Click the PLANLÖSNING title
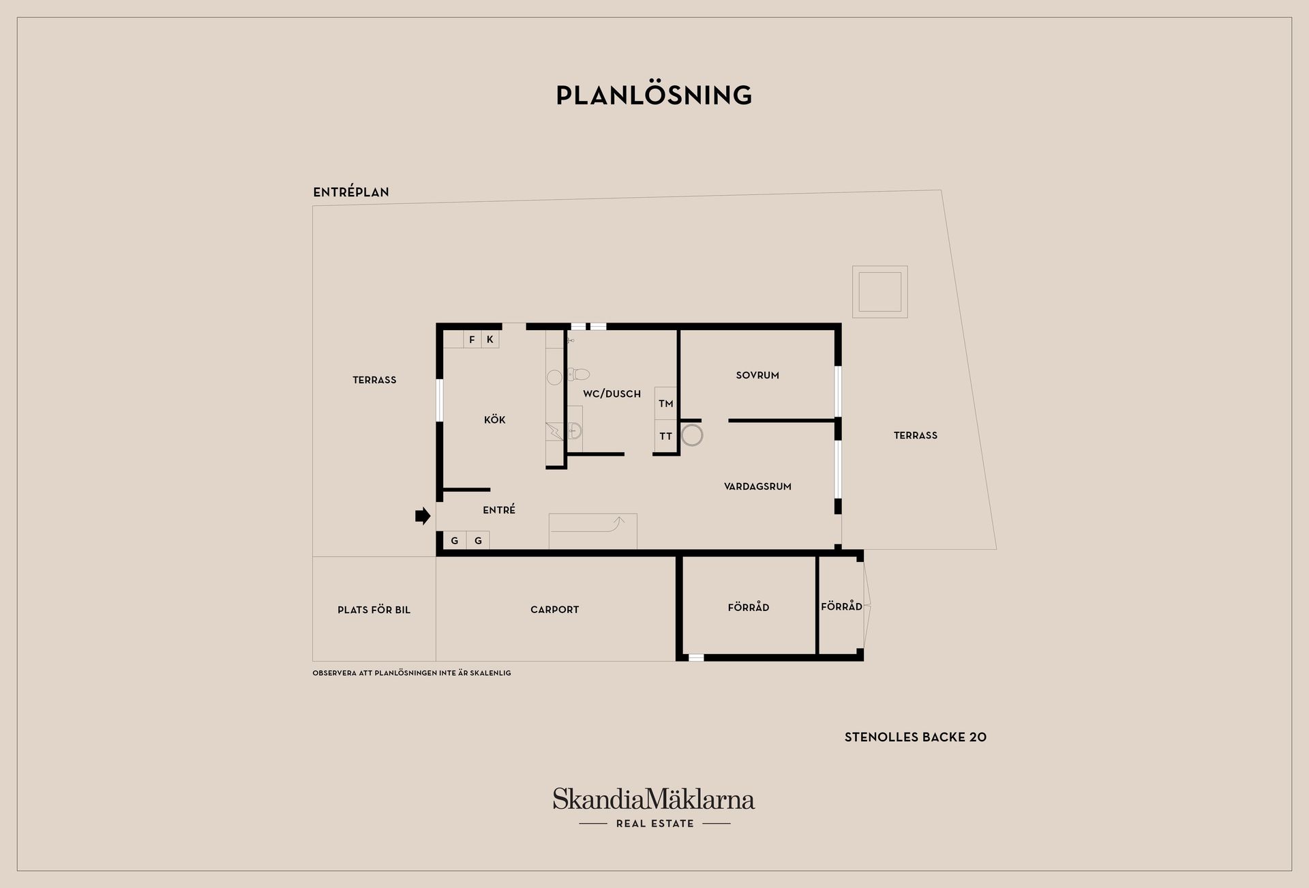654,95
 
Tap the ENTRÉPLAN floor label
351,192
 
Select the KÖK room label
495,419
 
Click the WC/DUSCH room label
612,394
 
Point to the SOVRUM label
757,375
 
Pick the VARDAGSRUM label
757,486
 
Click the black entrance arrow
423,516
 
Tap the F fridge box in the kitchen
472,339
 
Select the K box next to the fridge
490,339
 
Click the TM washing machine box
666,404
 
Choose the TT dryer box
666,436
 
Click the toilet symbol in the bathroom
578,374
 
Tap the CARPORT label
554,610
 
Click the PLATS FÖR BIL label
374,610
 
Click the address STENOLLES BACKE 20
916,737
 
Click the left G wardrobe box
455,541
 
